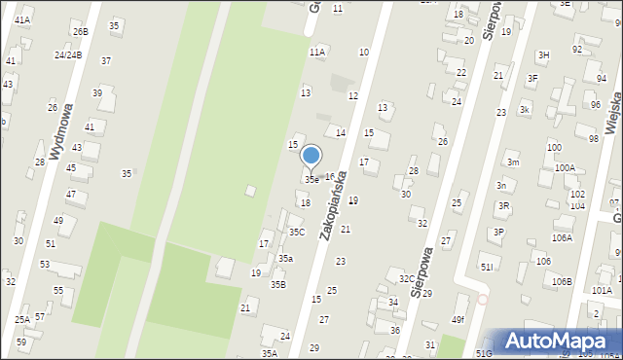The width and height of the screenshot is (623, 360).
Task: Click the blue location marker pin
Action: click(311, 156)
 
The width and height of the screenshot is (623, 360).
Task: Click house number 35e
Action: click(311, 180)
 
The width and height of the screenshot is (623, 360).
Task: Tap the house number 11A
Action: click(316, 52)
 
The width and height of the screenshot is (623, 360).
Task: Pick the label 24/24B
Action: click(67, 55)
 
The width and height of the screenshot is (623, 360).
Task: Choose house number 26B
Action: click(80, 31)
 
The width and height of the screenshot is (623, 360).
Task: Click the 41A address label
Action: click(21, 19)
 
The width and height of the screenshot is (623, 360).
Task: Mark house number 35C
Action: click(297, 232)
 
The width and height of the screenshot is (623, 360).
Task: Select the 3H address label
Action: click(543, 54)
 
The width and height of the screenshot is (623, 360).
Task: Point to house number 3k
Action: click(524, 109)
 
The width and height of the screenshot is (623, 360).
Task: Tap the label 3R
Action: click(504, 206)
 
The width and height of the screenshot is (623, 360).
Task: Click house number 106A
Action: click(562, 237)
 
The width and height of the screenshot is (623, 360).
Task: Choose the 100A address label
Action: click(565, 168)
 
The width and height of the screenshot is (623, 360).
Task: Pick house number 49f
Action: click(458, 319)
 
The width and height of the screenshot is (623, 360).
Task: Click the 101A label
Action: click(602, 290)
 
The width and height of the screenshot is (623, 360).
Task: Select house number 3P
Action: click(497, 232)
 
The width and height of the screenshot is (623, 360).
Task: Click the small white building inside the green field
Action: click(251, 191)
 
